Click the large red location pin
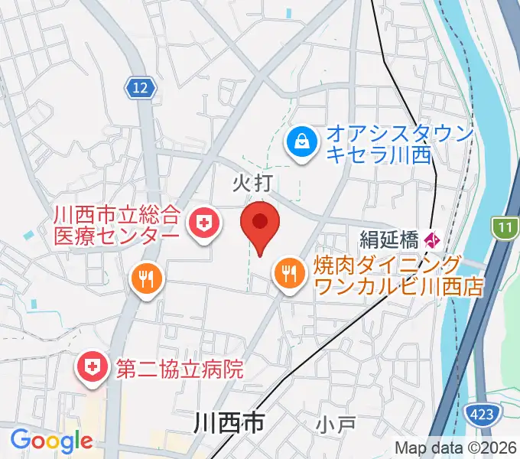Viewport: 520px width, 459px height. [x=260, y=224]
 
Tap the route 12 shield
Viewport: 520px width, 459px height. [x=140, y=89]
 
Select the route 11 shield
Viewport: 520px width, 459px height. [x=505, y=228]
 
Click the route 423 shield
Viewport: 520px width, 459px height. [x=482, y=414]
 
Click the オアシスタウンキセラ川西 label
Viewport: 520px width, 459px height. [x=379, y=143]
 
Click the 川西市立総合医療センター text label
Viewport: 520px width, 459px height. [x=116, y=223]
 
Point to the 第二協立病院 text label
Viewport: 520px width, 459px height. [x=179, y=369]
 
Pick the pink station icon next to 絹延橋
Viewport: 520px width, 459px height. [x=432, y=240]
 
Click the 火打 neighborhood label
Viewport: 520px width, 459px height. [x=252, y=182]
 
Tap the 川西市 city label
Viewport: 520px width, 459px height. [x=229, y=422]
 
